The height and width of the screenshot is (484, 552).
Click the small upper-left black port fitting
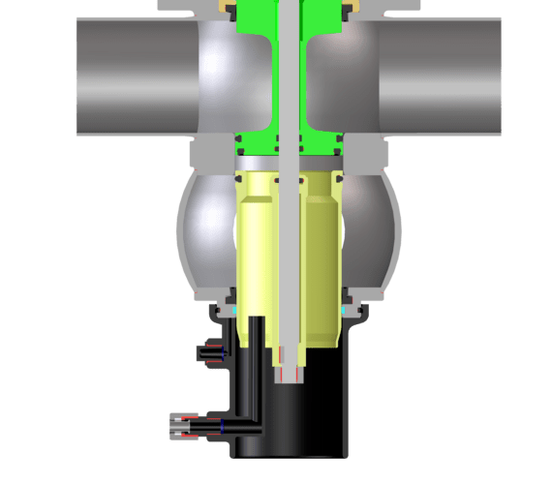point(208,353)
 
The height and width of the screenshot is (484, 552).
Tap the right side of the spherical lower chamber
point(373,232)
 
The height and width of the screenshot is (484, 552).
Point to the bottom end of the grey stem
point(291,373)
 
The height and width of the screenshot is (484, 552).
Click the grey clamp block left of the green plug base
point(210,153)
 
